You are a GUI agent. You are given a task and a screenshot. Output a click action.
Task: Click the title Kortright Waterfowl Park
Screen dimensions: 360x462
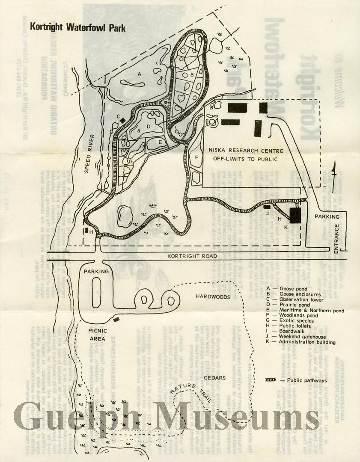(75, 28)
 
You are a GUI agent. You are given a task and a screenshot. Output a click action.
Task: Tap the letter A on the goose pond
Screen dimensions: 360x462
(139, 74)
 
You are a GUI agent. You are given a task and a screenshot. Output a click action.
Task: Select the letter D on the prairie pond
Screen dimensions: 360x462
(149, 127)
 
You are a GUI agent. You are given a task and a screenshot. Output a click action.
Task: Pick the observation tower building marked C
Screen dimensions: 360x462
(123, 121)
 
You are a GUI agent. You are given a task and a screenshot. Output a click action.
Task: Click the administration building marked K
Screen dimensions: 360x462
(295, 215)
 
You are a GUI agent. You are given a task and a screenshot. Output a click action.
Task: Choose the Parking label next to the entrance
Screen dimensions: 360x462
(327, 217)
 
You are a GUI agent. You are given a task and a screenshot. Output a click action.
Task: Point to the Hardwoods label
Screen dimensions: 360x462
(213, 296)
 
